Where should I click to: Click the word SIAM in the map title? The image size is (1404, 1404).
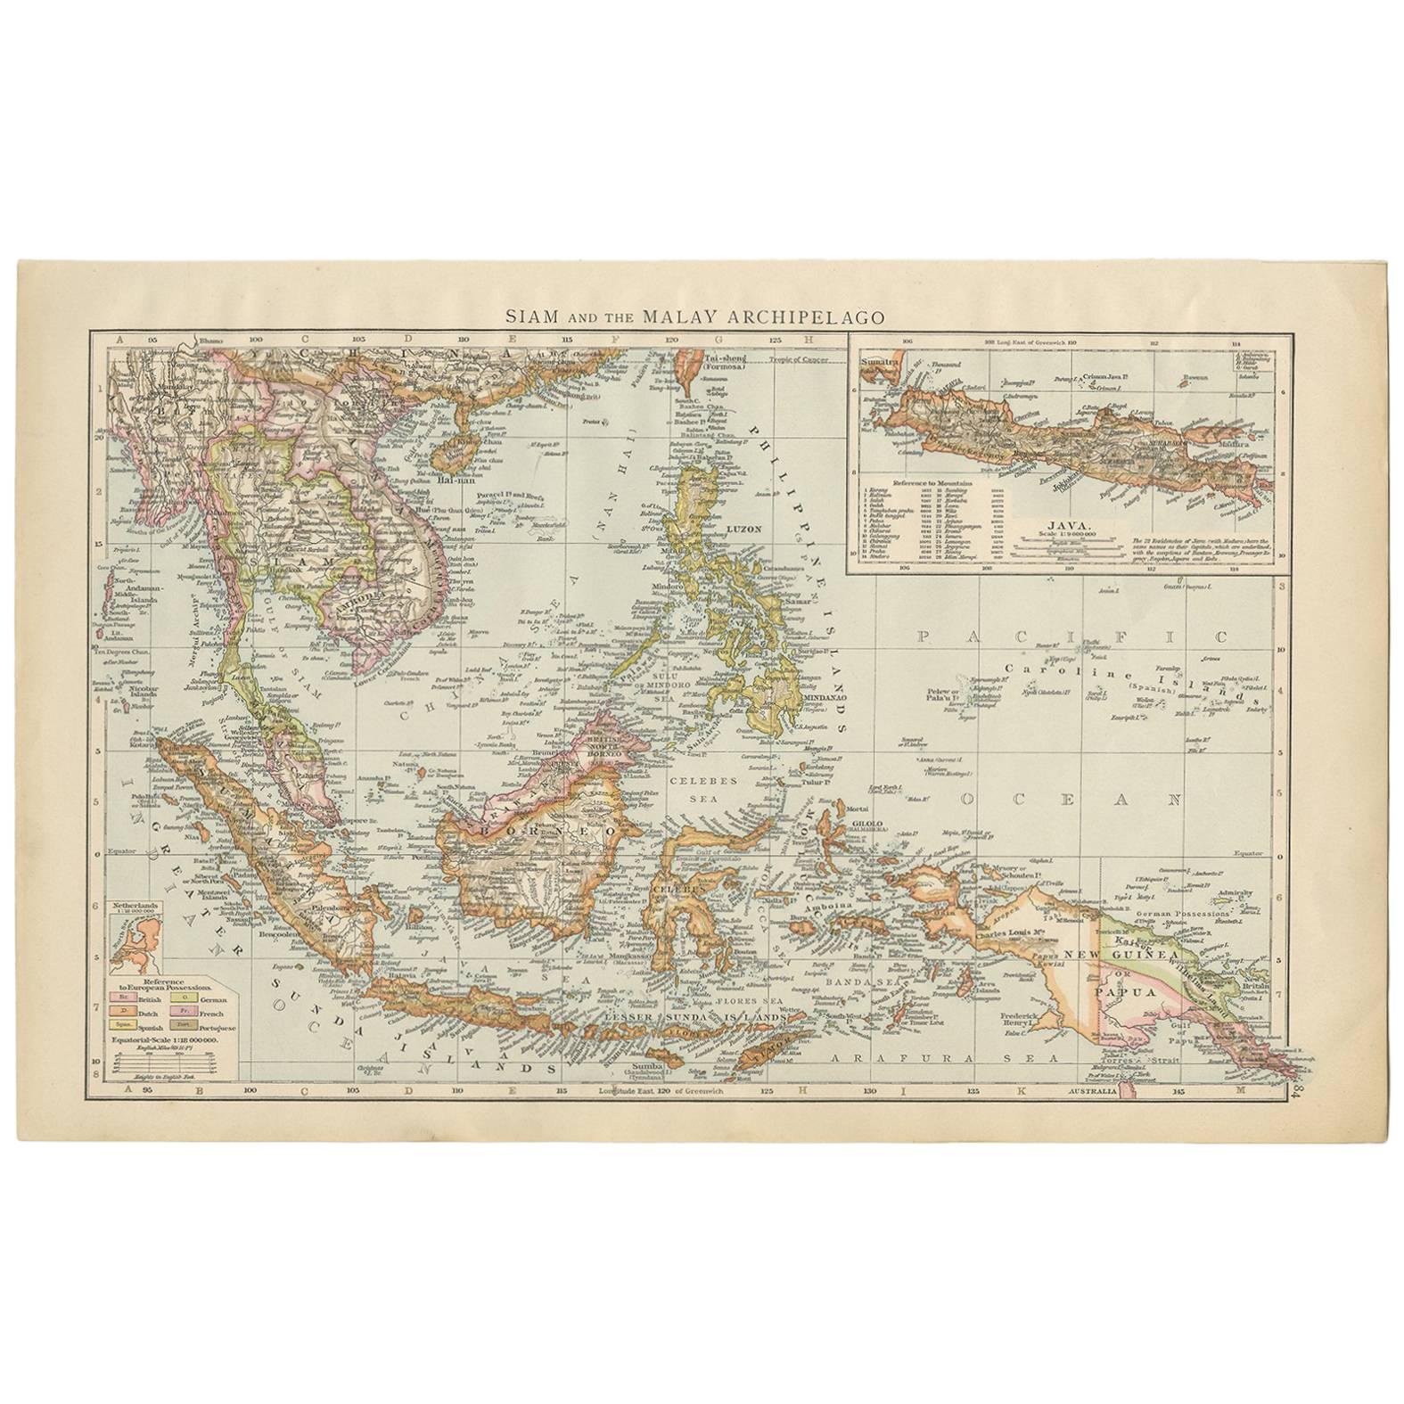pyautogui.click(x=527, y=316)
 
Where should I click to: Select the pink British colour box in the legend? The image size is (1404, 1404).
pyautogui.click(x=117, y=1000)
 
